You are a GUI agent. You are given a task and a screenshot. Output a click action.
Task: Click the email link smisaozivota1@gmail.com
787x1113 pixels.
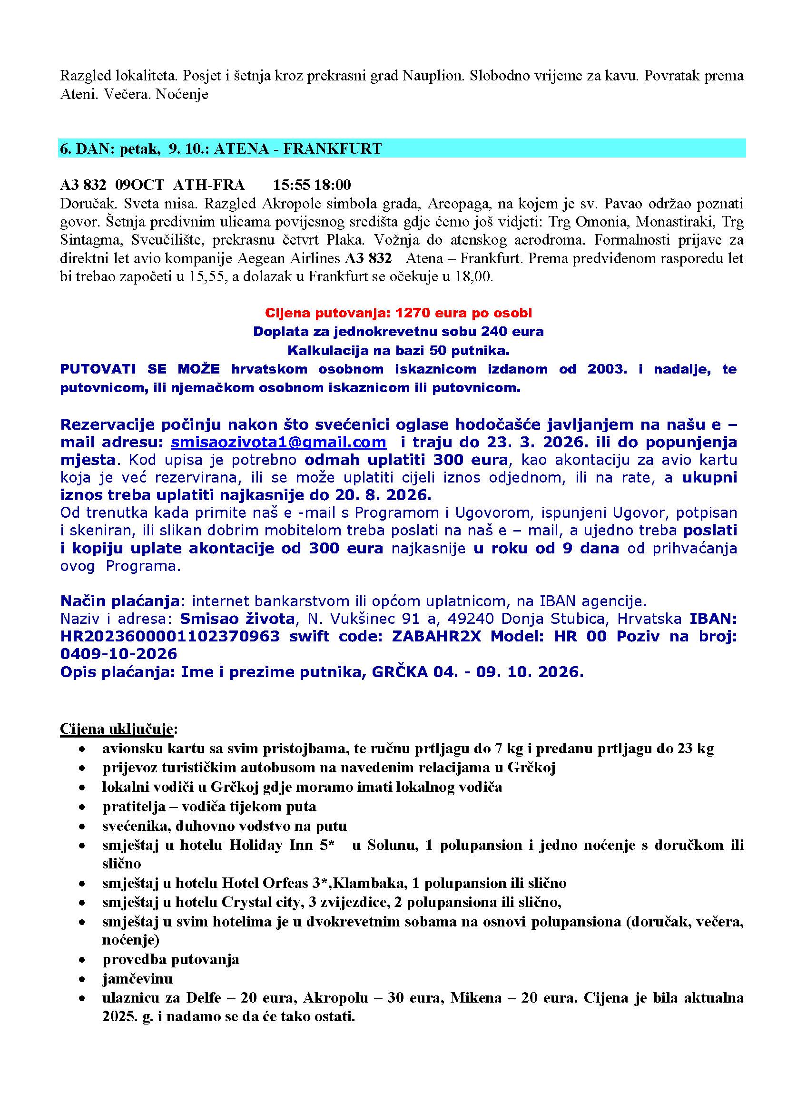pos(278,442)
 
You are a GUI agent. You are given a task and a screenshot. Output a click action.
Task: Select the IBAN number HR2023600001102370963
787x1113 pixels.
pos(169,636)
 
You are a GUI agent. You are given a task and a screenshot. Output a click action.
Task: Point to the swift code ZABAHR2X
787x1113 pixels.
pos(437,636)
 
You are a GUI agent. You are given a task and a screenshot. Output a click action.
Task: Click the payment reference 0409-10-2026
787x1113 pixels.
pos(119,654)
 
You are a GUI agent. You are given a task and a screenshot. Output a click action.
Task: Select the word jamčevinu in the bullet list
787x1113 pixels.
pos(137,978)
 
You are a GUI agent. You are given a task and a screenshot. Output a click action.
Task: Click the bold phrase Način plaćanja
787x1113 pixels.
pos(120,601)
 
